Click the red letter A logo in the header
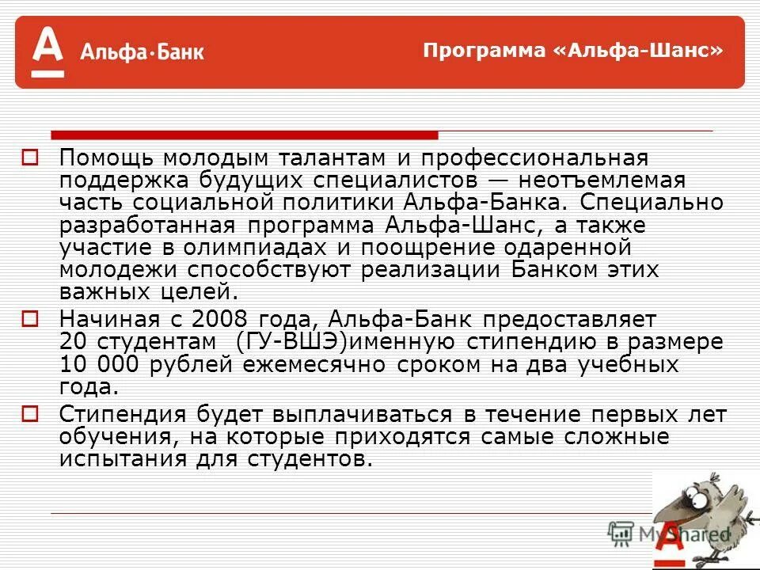47,50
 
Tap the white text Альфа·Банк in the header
142,53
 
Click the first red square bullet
29,158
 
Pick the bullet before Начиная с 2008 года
29,319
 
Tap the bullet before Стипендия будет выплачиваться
29,414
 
